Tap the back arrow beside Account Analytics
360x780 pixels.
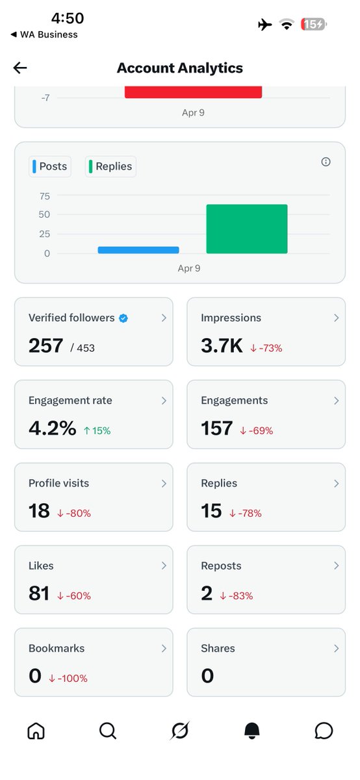pyautogui.click(x=20, y=68)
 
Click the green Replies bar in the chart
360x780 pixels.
pyautogui.click(x=246, y=229)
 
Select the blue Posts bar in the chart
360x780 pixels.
pyautogui.click(x=138, y=250)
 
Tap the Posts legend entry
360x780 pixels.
pyautogui.click(x=49, y=166)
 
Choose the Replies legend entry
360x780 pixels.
pyautogui.click(x=110, y=166)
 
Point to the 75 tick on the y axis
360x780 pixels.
pyautogui.click(x=44, y=196)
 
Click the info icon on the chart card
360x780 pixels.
pyautogui.click(x=326, y=162)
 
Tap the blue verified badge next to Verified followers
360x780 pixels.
pyautogui.click(x=123, y=318)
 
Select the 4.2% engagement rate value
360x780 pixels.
pyautogui.click(x=52, y=428)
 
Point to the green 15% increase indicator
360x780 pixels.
pyautogui.click(x=97, y=430)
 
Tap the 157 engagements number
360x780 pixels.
pyautogui.click(x=217, y=428)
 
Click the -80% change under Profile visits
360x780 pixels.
pyautogui.click(x=73, y=513)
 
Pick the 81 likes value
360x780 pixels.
pyautogui.click(x=39, y=593)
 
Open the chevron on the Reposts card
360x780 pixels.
pyautogui.click(x=336, y=566)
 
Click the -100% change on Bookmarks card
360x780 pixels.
pyautogui.click(x=68, y=678)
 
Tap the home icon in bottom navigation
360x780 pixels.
pyautogui.click(x=36, y=731)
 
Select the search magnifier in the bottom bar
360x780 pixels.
pyautogui.click(x=107, y=731)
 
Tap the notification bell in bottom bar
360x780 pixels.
pyautogui.click(x=251, y=731)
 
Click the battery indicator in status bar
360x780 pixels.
pyautogui.click(x=314, y=24)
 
